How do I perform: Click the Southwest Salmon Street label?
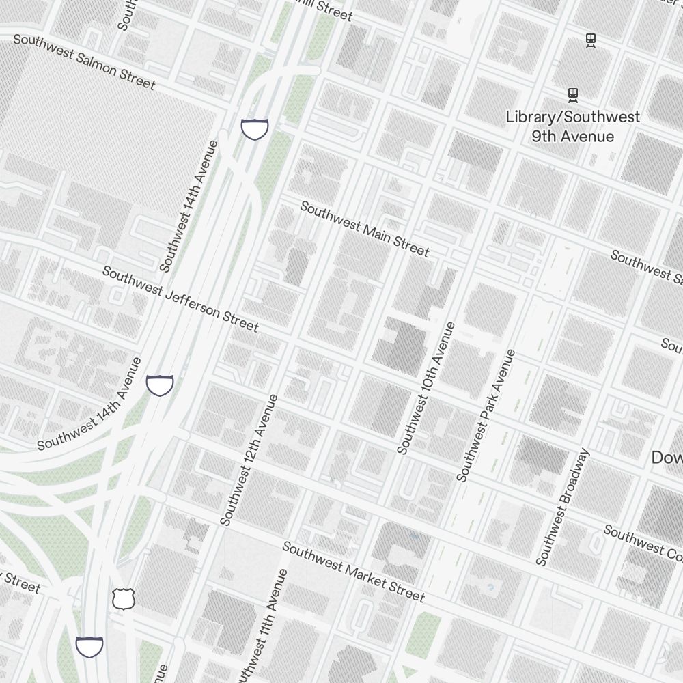click(x=84, y=61)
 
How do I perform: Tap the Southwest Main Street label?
click(x=365, y=229)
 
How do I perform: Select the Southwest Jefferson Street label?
click(x=180, y=299)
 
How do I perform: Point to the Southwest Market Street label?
click(x=353, y=572)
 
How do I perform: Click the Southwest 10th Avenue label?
click(x=426, y=388)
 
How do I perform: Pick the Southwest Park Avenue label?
click(x=486, y=415)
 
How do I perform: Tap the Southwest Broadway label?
click(x=563, y=507)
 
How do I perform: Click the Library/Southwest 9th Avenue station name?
click(x=572, y=126)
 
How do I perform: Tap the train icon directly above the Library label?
click(x=573, y=94)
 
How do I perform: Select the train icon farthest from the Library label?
click(x=591, y=40)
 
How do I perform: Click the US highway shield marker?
click(x=124, y=599)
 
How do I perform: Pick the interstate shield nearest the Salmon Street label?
click(x=254, y=128)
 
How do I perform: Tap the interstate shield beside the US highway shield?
click(x=89, y=645)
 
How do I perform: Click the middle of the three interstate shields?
click(x=160, y=385)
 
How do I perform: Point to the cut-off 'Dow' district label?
click(x=667, y=458)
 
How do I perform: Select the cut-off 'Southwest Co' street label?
click(x=642, y=540)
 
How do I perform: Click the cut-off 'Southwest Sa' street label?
click(x=645, y=266)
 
